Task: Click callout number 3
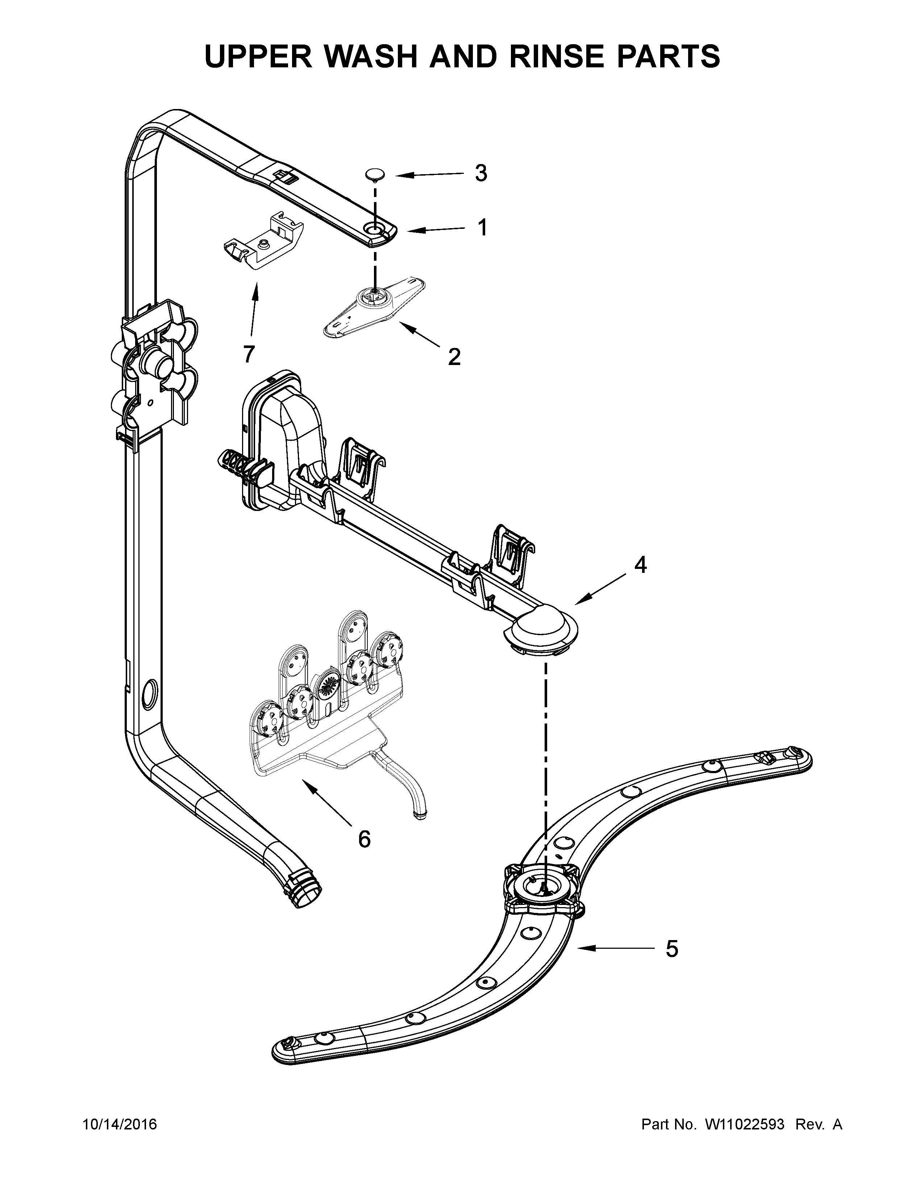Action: coord(480,173)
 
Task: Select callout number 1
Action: coord(482,228)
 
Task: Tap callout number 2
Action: coord(454,357)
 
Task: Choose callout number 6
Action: coord(364,838)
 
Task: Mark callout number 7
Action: coord(249,354)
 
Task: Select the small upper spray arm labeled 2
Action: coord(375,307)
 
